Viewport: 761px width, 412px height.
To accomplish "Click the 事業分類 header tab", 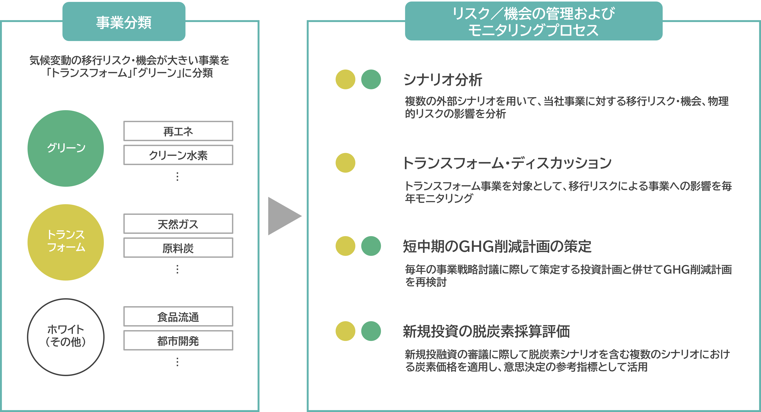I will pos(124,22).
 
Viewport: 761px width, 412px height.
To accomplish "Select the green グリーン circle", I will pos(65,148).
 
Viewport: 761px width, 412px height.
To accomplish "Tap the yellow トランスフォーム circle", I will pos(65,242).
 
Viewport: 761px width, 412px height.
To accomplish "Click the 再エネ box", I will pos(178,131).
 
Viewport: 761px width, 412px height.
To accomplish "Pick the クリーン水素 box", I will pos(178,155).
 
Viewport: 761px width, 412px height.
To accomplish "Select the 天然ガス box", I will pos(178,224).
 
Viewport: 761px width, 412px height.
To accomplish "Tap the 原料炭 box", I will pos(178,248).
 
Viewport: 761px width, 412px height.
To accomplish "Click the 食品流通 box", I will pos(178,316).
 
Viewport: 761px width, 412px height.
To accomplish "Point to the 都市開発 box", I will pos(178,340).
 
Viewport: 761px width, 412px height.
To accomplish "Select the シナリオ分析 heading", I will pos(442,80).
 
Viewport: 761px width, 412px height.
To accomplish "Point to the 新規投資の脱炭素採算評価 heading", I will pos(486,331).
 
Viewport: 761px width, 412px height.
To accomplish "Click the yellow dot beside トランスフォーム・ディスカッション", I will pos(345,163).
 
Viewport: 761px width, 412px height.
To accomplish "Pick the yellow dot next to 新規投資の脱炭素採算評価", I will pos(345,331).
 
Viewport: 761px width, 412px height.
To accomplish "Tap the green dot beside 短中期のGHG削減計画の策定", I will pos(371,246).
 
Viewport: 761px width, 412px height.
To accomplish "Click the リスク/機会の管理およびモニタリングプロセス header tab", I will pos(534,21).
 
